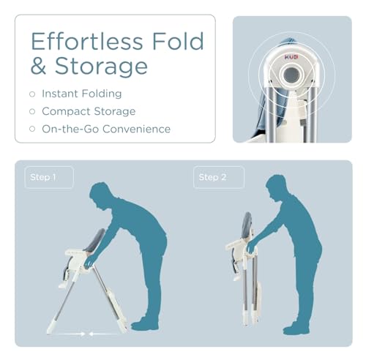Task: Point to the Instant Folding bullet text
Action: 81,94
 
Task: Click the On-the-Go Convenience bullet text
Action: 106,129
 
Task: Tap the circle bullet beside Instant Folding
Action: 31,94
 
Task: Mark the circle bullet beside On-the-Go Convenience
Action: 31,129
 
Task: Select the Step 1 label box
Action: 49,177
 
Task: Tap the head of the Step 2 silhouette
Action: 276,189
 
